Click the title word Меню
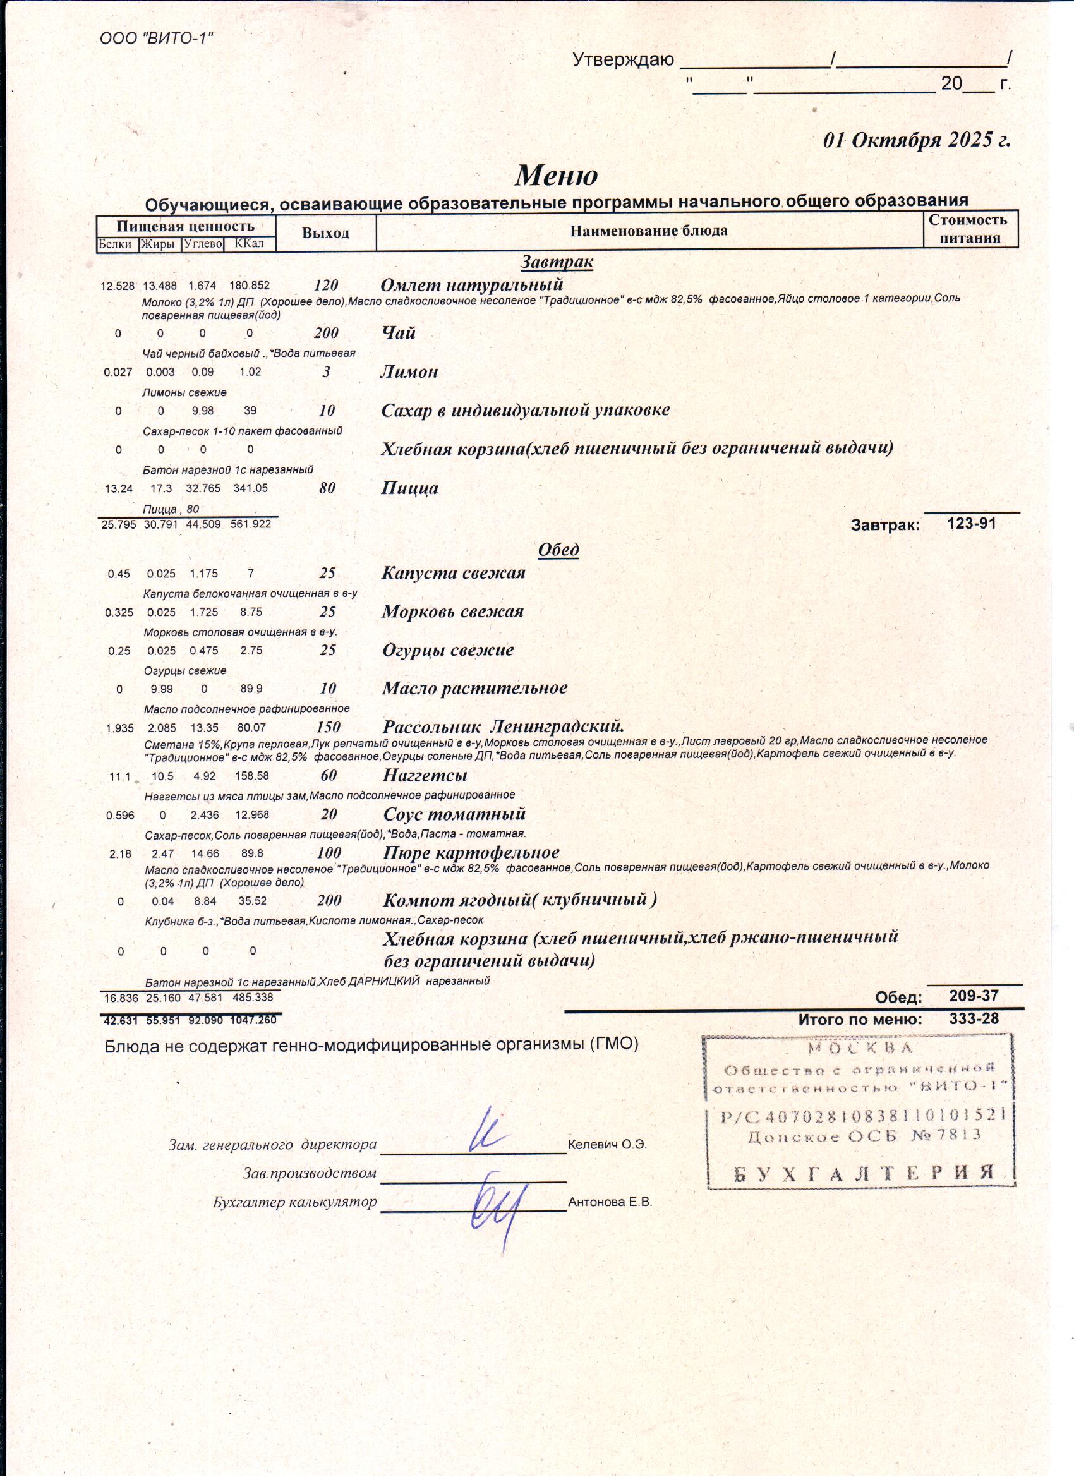tap(556, 175)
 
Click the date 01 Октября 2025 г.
tap(917, 140)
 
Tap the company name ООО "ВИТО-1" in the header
tap(156, 39)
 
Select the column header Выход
tap(325, 233)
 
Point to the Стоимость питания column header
tap(970, 229)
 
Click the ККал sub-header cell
tap(249, 244)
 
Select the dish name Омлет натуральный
tap(471, 284)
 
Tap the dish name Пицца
tap(409, 488)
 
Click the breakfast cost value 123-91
tap(972, 524)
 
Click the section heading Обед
tap(558, 550)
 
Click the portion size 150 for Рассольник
tap(328, 726)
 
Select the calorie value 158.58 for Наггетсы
tap(253, 776)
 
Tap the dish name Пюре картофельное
tap(471, 852)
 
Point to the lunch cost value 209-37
tap(974, 996)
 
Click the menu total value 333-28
tap(974, 1018)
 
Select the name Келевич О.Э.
tap(607, 1145)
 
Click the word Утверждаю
tap(623, 61)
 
